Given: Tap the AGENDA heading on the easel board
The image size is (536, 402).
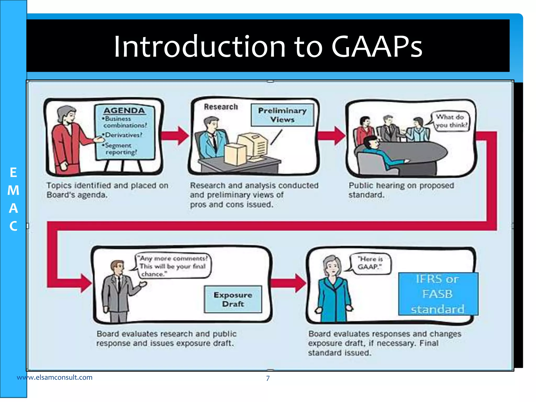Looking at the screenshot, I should point(124,111).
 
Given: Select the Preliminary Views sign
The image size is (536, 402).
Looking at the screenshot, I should point(282,115).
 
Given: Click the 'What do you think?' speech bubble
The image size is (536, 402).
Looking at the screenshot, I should point(451,121).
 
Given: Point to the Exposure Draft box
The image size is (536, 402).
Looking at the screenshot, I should point(233,299).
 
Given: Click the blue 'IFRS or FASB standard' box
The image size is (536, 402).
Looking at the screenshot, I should point(438,294).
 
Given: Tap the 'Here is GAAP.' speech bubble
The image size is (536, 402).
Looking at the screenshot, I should point(370,263).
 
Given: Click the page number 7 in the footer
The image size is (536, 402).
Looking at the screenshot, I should point(268,378).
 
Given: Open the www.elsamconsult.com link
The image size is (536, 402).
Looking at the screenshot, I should point(55,377).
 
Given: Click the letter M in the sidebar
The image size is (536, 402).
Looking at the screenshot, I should point(13,190).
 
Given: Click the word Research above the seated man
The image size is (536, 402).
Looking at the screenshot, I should point(221,107).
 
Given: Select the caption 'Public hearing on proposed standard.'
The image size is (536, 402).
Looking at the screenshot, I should point(401,190).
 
